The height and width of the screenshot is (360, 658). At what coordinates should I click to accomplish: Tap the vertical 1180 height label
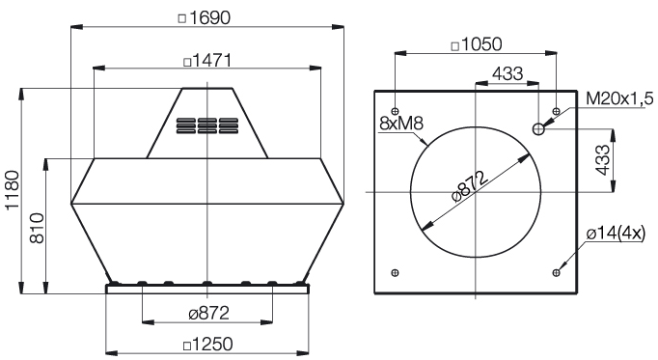coord(13,189)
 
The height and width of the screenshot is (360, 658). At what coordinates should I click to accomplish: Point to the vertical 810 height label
coord(37,228)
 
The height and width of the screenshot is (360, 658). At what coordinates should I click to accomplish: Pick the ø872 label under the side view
coord(209,313)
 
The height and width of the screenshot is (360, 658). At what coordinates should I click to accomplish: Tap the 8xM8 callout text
coord(401,124)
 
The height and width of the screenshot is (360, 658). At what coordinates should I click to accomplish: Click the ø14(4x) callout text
coord(617,234)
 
